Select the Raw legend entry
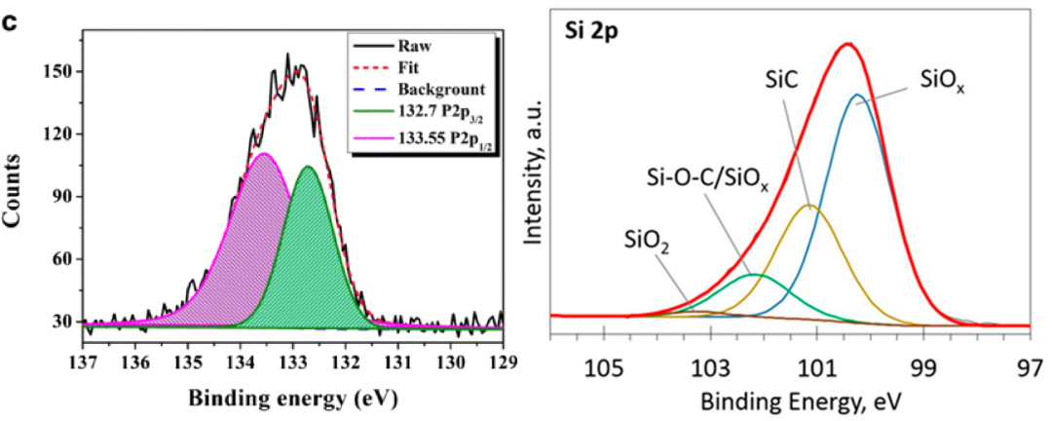[x=409, y=45]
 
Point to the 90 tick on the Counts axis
[x=59, y=196]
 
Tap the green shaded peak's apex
[x=308, y=167]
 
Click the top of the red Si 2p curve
[x=848, y=44]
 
